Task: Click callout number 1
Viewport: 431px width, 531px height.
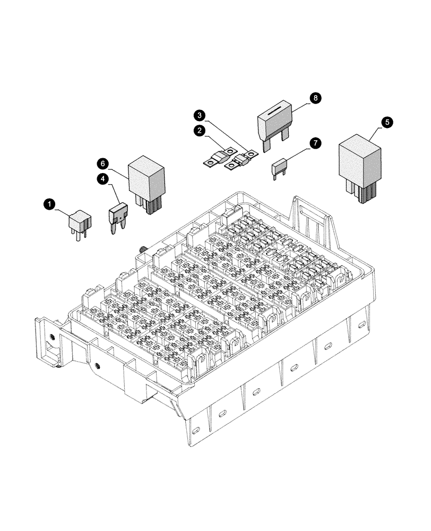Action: tap(49, 203)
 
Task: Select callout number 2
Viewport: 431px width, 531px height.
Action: tap(200, 130)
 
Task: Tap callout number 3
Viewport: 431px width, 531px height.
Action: tap(200, 114)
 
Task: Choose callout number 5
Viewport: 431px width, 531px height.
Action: tap(388, 122)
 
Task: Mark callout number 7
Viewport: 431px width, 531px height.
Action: tap(315, 143)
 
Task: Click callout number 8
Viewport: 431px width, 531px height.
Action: tap(315, 98)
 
